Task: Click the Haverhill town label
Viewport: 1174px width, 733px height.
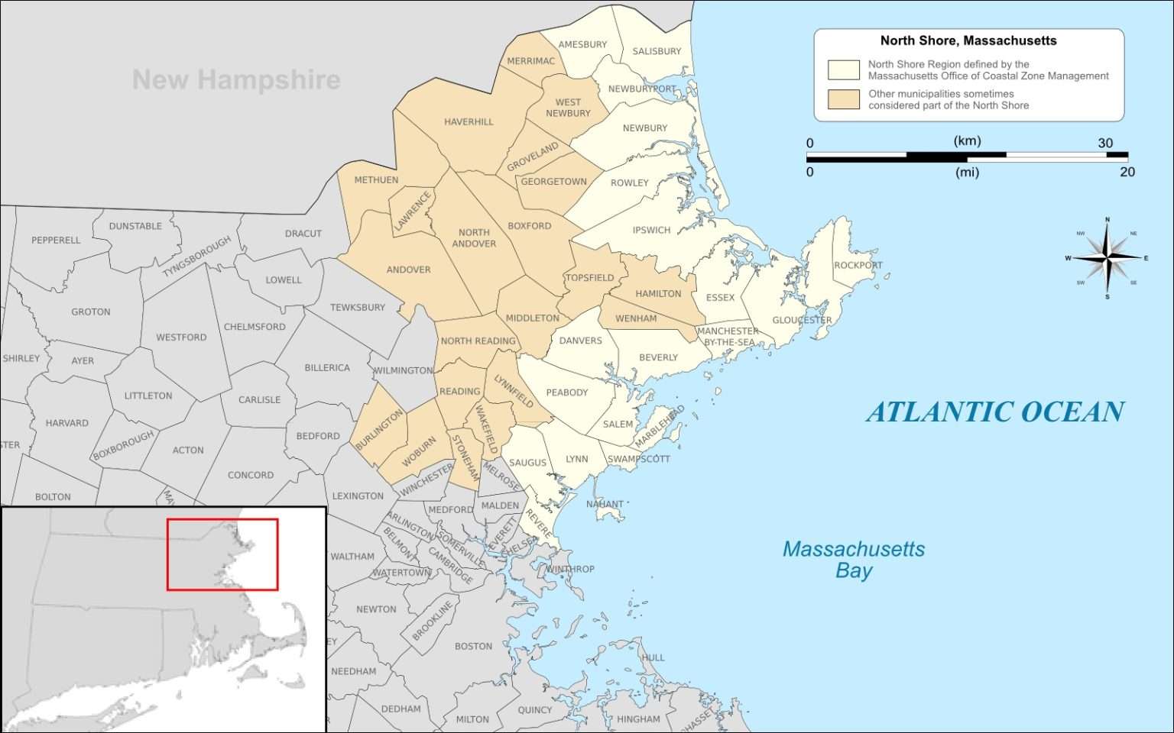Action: point(469,122)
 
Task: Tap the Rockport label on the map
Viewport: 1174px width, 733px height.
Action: point(858,266)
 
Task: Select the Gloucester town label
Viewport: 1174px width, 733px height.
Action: point(802,321)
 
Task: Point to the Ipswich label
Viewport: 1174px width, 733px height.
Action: point(651,231)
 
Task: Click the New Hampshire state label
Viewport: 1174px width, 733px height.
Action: point(236,79)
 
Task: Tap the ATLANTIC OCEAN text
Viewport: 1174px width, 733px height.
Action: point(994,412)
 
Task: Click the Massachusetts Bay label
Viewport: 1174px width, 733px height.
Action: point(853,560)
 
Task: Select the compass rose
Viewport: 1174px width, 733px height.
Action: point(1108,258)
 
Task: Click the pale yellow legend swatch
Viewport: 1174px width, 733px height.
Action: point(843,70)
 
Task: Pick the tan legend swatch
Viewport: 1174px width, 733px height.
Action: point(843,99)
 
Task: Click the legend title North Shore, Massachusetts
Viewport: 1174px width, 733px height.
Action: point(968,41)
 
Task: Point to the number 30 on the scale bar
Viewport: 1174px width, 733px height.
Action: point(1105,144)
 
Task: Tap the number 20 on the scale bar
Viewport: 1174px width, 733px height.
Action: point(1127,173)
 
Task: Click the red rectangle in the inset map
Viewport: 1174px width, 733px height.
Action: point(222,519)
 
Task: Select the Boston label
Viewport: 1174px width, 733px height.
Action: point(473,647)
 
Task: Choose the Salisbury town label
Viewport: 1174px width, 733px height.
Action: point(657,52)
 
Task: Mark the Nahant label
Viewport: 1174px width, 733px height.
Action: point(605,505)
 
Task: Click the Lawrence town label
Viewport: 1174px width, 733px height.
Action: point(413,211)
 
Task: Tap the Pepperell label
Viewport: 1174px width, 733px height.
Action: point(56,241)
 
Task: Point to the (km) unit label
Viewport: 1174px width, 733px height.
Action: point(967,141)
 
